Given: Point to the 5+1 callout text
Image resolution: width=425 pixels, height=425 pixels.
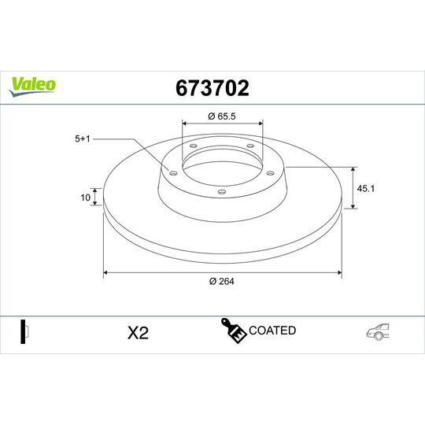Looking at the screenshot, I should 83,139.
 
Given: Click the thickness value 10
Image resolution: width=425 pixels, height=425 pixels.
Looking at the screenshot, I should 85,198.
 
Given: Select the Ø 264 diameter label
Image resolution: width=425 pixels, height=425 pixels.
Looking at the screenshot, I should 223,283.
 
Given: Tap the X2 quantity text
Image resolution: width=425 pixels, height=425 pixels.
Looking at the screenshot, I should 138,333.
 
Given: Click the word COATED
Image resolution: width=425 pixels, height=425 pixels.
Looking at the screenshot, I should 272,331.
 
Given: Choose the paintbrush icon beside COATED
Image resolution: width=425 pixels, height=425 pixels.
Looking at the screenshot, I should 233,331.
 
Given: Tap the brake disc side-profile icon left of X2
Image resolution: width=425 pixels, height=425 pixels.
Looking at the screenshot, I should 24,331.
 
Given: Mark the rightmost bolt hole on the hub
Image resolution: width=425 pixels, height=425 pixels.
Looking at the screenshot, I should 269,173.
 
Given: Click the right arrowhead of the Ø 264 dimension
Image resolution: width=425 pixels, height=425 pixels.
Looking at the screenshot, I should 338,273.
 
